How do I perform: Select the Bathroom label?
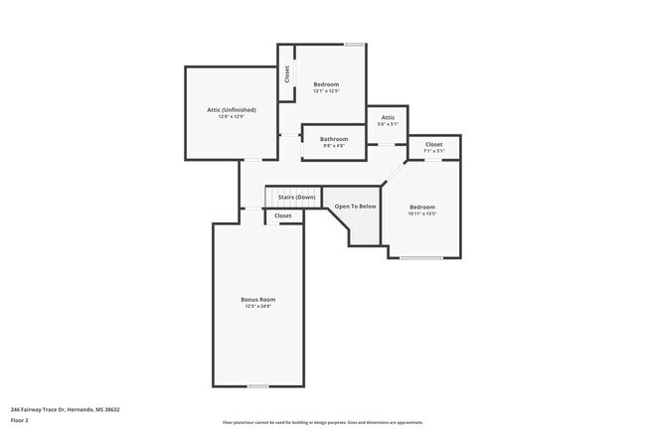[334, 139]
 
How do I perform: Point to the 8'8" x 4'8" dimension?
[334, 146]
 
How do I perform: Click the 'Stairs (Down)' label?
[295, 197]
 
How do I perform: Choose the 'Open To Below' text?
[355, 206]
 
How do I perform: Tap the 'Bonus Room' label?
[257, 299]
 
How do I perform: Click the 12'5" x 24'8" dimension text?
[257, 307]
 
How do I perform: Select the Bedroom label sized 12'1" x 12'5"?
[326, 84]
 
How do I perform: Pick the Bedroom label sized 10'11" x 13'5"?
[422, 206]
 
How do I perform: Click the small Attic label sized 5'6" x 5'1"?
[387, 117]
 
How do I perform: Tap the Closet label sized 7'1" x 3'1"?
[434, 144]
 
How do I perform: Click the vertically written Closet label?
[287, 73]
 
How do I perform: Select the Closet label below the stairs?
[283, 215]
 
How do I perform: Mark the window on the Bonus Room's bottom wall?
[257, 386]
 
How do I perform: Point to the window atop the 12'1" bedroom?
[354, 44]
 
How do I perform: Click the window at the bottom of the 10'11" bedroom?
[421, 258]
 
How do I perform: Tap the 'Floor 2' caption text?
[20, 419]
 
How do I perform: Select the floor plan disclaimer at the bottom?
[322, 422]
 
